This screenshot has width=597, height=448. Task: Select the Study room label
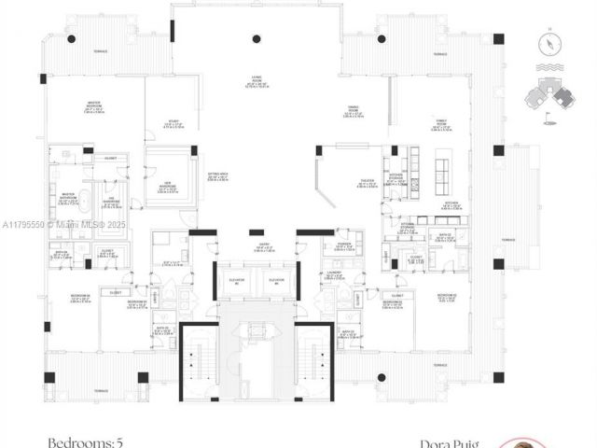tap(174, 123)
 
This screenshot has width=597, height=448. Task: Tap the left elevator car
tap(236, 283)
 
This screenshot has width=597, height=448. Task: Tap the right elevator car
tap(276, 283)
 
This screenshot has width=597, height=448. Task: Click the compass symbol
tap(551, 43)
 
